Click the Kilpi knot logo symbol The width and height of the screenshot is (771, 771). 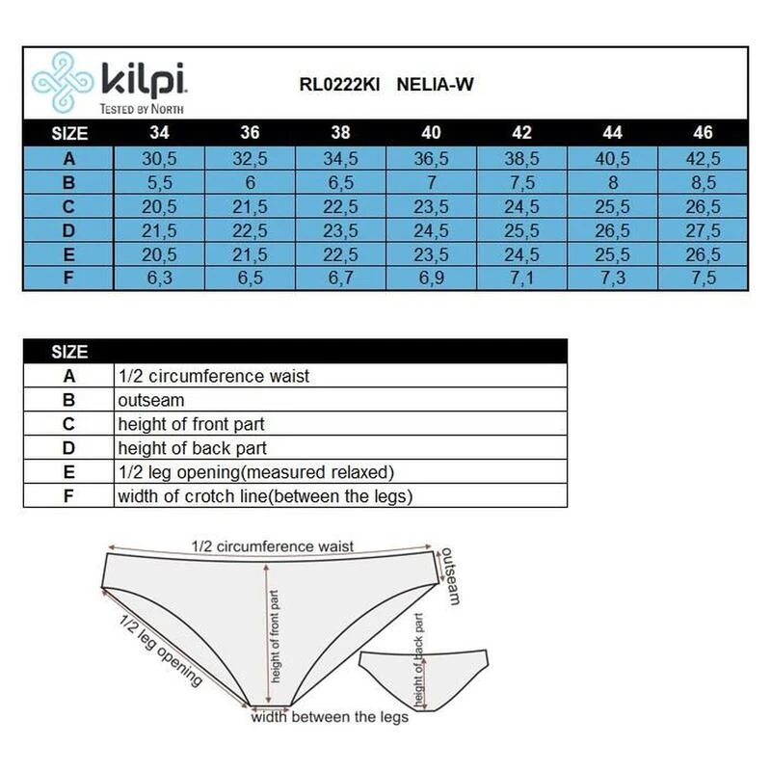coord(62,83)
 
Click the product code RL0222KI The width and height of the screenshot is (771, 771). coord(339,85)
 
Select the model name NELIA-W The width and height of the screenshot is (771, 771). coord(435,85)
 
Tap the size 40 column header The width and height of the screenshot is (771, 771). coord(431,132)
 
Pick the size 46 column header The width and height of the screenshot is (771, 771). coord(703,132)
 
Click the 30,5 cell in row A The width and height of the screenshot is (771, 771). coord(159,158)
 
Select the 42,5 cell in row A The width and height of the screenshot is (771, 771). coord(704,158)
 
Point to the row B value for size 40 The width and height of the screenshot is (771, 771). coord(431,182)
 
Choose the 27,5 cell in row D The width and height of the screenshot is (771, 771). coord(704,230)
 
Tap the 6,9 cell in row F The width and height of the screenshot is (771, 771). coord(431,278)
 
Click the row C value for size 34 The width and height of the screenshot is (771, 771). coord(159,206)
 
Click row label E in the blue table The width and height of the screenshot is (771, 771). coord(68,254)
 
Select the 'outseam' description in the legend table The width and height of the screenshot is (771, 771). coord(151,400)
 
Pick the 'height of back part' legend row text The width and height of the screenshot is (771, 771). coord(192,448)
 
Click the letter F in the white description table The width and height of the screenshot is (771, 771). coord(68,495)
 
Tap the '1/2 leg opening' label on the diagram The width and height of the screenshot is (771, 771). coord(161,650)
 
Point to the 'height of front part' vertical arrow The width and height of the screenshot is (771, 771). coord(267,634)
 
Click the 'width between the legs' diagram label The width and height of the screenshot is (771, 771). coord(330,717)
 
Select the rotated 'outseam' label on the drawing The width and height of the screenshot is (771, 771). coord(451,575)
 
